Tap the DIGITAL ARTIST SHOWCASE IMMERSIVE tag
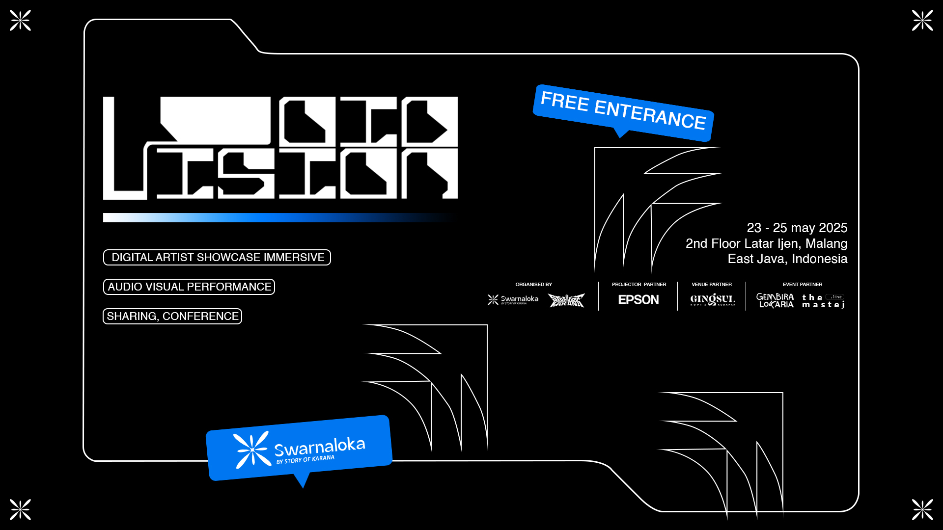(x=217, y=257)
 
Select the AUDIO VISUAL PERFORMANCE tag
(x=189, y=287)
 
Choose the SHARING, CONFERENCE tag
(x=172, y=316)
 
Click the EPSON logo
(x=638, y=299)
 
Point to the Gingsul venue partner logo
(x=712, y=299)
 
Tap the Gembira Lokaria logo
(x=775, y=300)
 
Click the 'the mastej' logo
(x=823, y=300)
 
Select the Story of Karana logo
(x=566, y=300)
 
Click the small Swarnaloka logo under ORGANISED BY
(x=513, y=299)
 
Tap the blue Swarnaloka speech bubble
(x=299, y=448)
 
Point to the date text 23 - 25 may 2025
(x=797, y=228)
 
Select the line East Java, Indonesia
(x=787, y=259)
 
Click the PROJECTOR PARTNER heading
(x=638, y=284)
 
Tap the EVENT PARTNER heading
(x=802, y=284)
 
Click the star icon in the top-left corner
(x=20, y=20)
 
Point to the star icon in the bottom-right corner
(x=922, y=509)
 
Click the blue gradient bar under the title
(x=275, y=217)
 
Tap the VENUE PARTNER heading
(x=711, y=284)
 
